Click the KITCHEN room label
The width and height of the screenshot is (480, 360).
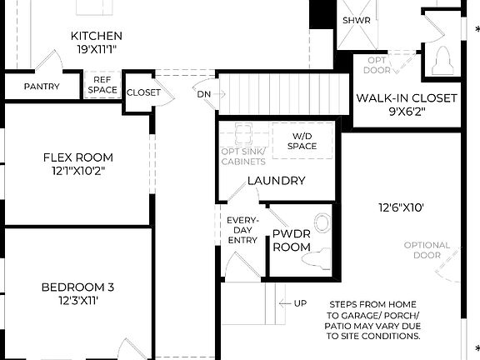point(97,36)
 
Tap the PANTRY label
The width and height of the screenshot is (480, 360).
point(41,87)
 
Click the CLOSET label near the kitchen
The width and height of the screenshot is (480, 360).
point(144,93)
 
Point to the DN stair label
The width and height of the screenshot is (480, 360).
point(204,94)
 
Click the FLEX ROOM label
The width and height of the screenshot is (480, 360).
point(77,157)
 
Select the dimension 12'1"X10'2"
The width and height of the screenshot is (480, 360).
point(77,172)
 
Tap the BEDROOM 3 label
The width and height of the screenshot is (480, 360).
point(77,287)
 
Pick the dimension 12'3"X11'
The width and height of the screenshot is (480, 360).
point(77,301)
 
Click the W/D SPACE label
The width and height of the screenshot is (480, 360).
point(303,141)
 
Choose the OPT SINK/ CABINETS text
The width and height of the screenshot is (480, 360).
point(243,157)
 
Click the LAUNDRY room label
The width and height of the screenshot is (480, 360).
point(276,181)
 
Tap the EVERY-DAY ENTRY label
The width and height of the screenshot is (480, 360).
point(242,230)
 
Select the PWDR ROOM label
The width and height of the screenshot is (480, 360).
point(292,240)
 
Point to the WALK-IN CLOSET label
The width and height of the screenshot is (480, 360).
point(407,98)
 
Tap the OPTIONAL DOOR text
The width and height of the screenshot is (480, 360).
point(427,250)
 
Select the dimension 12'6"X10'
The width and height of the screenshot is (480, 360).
point(402,208)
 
